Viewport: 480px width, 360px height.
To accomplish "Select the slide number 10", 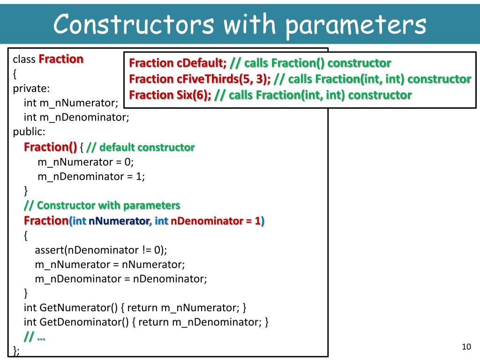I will [x=466, y=347].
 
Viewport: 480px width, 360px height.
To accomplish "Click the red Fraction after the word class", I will [x=61, y=60].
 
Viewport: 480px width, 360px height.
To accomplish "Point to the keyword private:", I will [x=31, y=88].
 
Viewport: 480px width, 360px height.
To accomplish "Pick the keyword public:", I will [x=29, y=132].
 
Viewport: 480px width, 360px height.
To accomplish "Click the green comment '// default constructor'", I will [x=141, y=147].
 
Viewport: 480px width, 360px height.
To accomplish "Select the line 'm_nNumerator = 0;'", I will [x=85, y=162].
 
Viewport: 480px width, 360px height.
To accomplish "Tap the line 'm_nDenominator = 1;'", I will [x=91, y=176].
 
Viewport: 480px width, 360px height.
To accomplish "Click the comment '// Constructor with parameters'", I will [x=102, y=205].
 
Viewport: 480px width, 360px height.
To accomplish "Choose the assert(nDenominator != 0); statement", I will [x=101, y=249].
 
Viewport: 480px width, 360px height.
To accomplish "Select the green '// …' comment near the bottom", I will [x=35, y=337].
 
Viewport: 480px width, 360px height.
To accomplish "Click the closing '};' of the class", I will [x=16, y=351].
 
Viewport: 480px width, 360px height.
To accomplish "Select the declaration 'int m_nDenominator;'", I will [x=76, y=117].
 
